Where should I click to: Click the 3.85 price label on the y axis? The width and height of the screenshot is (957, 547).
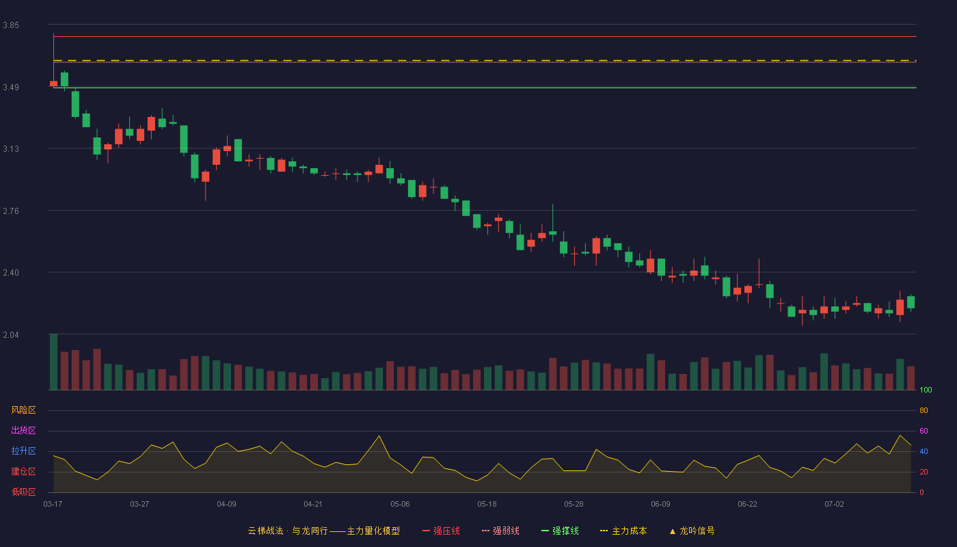pos(11,25)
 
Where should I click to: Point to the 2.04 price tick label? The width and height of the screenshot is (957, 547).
pos(11,335)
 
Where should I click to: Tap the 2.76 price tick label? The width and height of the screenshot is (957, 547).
pos(11,211)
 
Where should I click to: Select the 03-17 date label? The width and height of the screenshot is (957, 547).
pos(53,505)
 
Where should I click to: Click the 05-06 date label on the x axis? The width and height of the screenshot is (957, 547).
pos(400,505)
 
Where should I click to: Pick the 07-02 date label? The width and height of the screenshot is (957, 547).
pos(834,505)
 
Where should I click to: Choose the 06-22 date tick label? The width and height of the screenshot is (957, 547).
pos(747,505)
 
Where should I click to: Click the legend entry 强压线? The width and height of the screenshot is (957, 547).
pos(442,531)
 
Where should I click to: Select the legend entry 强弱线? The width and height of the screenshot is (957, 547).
pos(500,531)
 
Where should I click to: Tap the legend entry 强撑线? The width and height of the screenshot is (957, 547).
pos(560,531)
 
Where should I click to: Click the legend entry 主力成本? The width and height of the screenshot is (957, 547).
pos(623,531)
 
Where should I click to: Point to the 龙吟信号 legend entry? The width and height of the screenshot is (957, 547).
pos(692,531)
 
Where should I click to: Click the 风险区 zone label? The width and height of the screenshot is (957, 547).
pos(23,410)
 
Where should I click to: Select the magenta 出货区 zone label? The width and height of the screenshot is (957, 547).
pos(23,430)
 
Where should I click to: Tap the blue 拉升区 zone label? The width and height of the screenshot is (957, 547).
pos(23,451)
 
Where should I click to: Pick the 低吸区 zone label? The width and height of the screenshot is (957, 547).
pos(23,492)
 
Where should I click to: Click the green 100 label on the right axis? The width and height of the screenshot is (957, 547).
pos(926,390)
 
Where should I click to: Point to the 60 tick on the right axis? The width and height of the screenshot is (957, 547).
pos(924,431)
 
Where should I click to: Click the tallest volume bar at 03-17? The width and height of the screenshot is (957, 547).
pos(53,362)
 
